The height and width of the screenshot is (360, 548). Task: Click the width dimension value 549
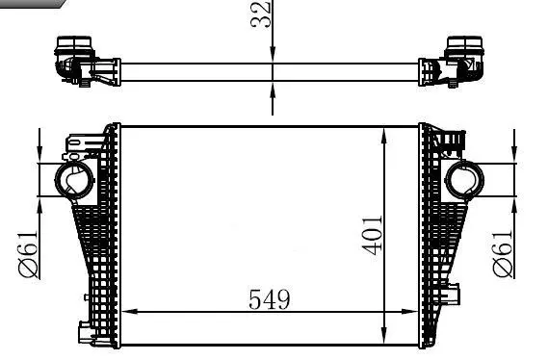[270, 299]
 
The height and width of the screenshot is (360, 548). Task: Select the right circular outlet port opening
[467, 179]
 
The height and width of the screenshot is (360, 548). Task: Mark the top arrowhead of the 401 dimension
[387, 132]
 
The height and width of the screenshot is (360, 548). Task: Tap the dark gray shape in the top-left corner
[29, 4]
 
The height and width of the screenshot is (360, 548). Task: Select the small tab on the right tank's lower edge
[454, 293]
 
